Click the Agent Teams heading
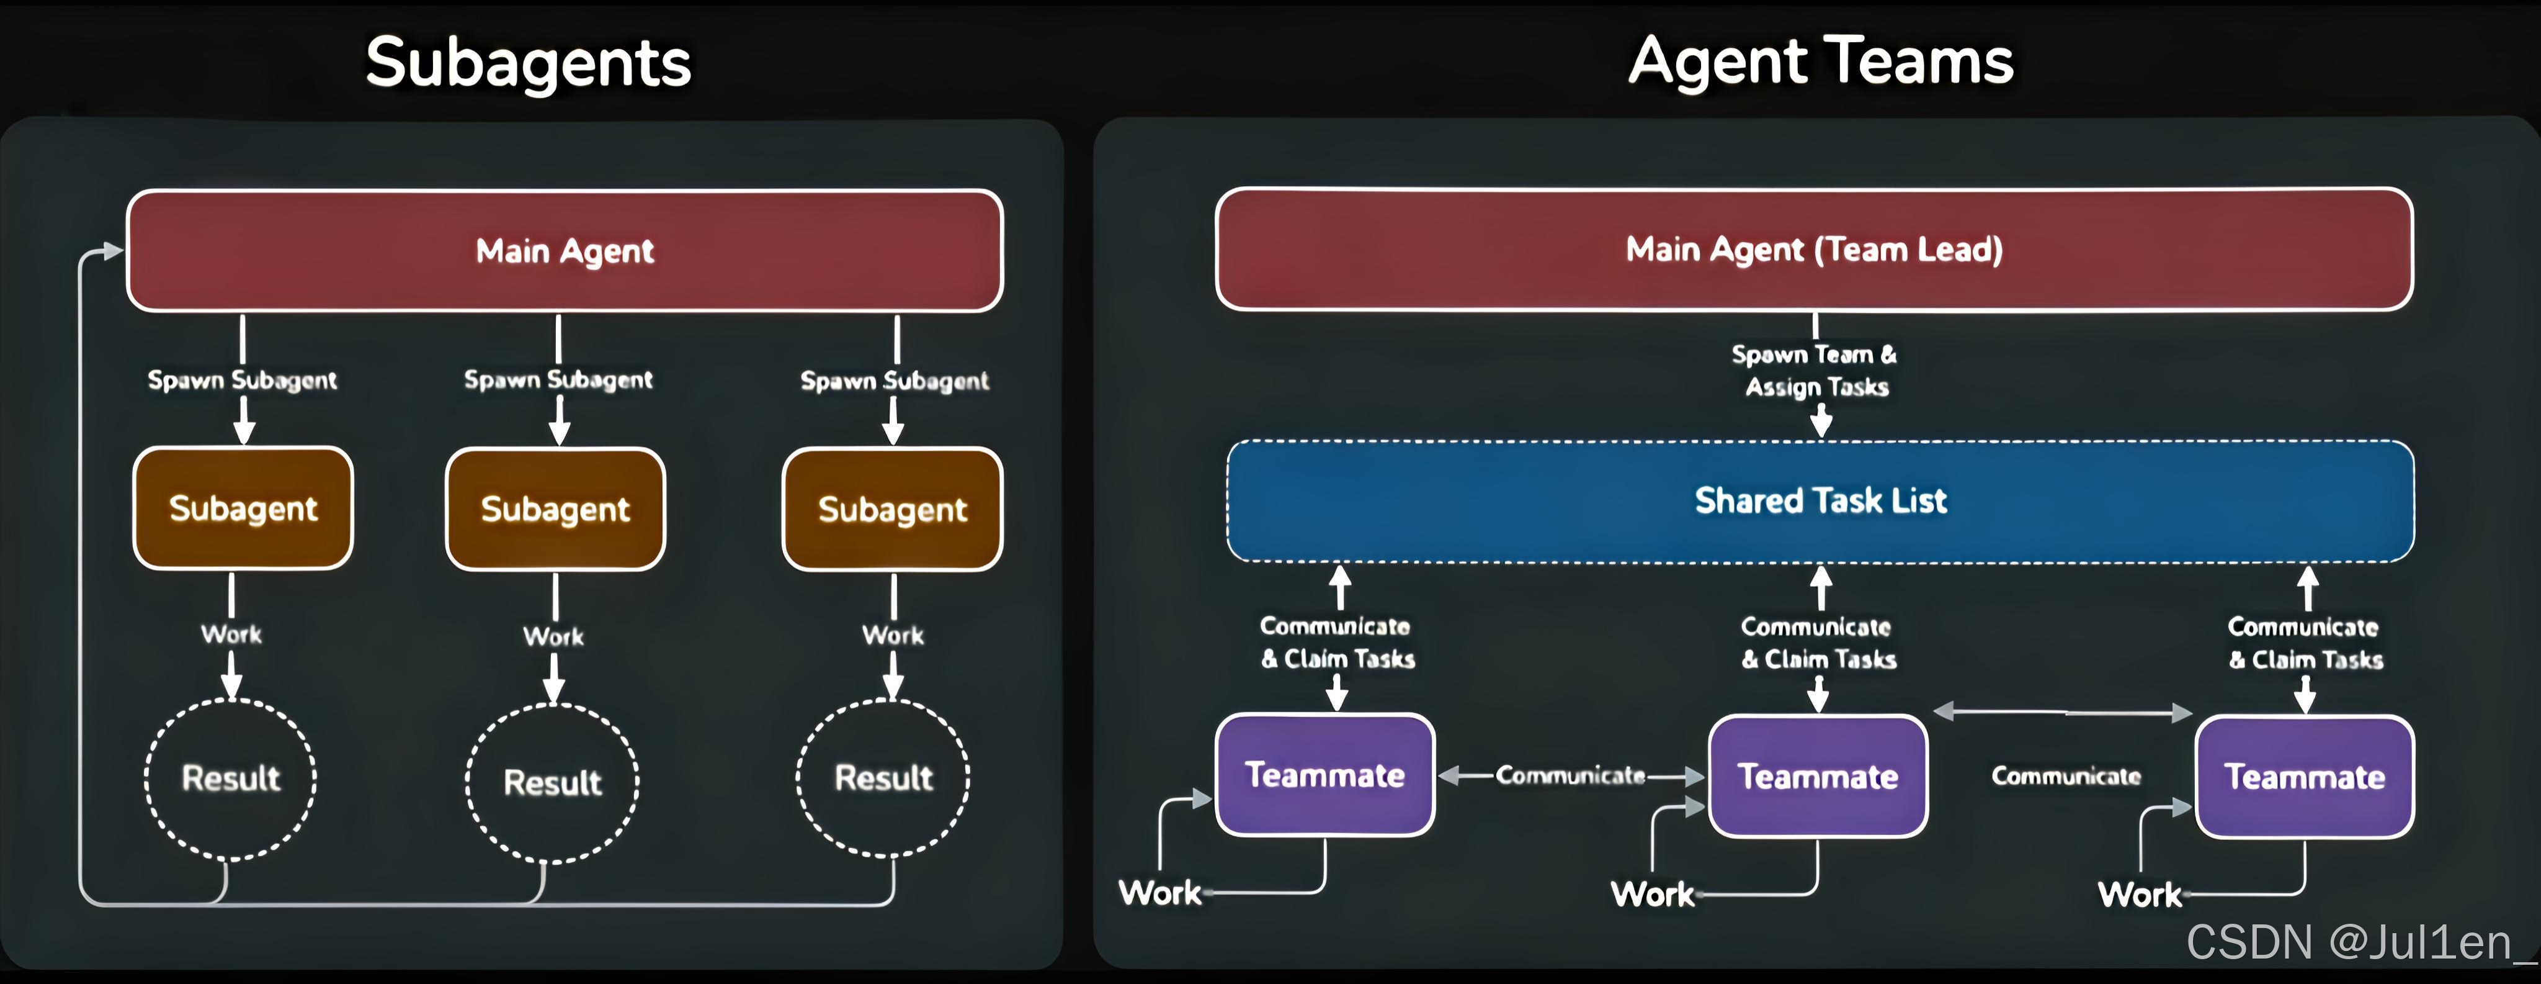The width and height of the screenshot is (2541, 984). [1820, 61]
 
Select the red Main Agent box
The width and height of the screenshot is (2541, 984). [565, 251]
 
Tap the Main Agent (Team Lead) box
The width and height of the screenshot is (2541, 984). [1814, 249]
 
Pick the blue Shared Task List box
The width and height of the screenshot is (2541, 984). [1820, 500]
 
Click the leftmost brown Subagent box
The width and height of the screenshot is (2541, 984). [243, 508]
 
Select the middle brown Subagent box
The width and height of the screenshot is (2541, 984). [555, 509]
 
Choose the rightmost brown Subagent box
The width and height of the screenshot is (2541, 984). [891, 509]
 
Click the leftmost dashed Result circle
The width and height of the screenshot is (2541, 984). [231, 779]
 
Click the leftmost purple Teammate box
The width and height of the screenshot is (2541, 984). [1324, 775]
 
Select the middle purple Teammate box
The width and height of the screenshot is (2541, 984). [1817, 777]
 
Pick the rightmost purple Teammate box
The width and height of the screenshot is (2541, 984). [2304, 777]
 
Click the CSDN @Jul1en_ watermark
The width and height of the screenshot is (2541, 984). [2357, 942]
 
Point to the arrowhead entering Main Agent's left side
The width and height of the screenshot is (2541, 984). [114, 251]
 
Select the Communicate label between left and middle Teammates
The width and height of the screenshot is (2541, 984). [1570, 776]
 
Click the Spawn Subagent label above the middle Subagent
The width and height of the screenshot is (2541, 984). [558, 380]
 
